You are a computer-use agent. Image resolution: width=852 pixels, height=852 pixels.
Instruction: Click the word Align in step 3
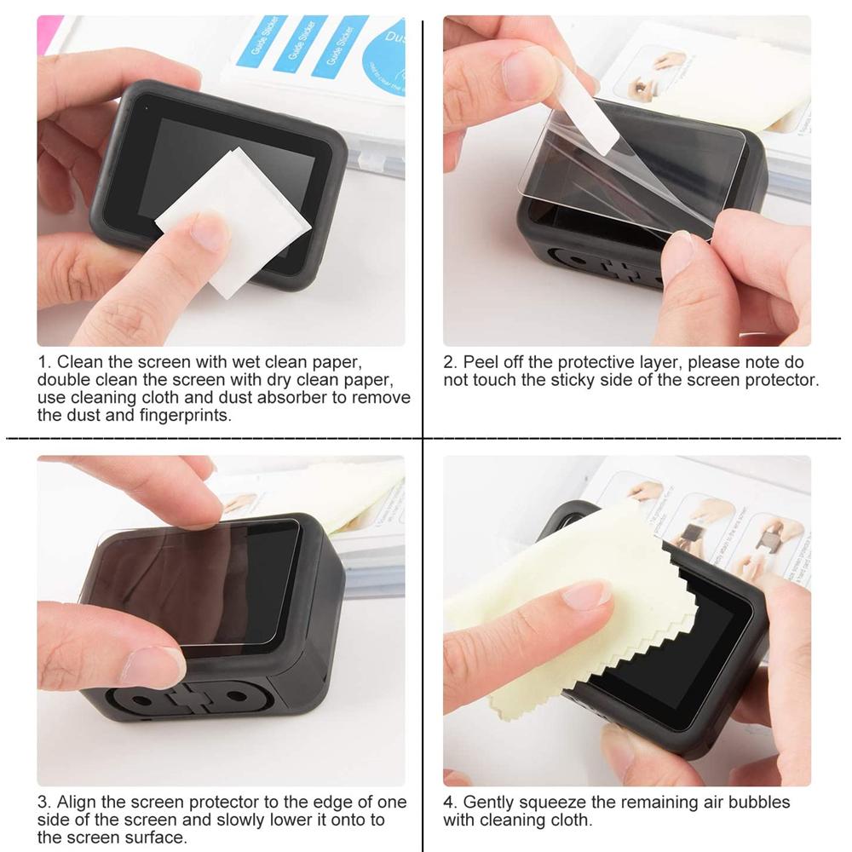[78, 803]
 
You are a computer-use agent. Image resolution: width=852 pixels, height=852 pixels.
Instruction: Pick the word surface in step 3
[156, 838]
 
